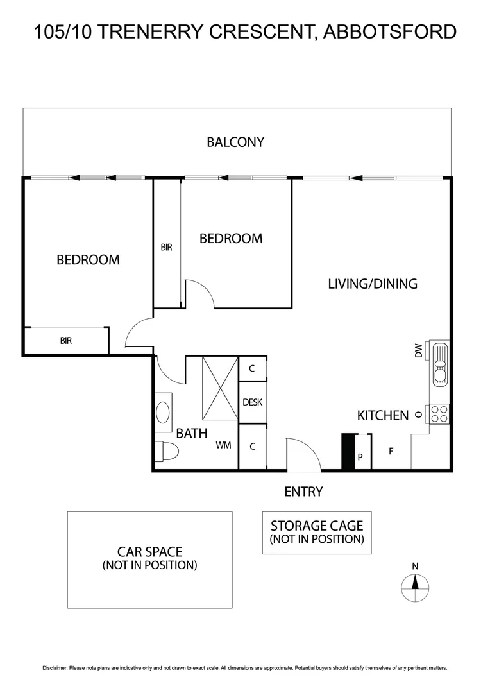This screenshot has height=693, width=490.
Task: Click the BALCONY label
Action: [235, 142]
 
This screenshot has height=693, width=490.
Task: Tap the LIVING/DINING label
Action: [372, 284]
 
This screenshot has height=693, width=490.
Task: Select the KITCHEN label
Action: [382, 416]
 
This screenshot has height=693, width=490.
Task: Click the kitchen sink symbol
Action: [440, 364]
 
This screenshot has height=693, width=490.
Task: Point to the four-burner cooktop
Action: [439, 414]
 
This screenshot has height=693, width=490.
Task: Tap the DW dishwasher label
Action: [419, 351]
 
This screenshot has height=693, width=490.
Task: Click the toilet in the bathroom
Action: [168, 452]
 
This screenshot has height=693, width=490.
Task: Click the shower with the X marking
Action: [220, 388]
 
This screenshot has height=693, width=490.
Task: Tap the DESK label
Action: [252, 402]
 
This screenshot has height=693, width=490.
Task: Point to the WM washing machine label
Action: [223, 445]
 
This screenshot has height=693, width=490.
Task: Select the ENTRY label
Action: [303, 492]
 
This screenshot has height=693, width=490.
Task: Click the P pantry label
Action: [360, 458]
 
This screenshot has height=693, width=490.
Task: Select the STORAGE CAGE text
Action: [317, 526]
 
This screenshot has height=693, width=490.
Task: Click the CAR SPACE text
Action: [149, 552]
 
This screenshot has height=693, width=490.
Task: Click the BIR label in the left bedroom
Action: [66, 341]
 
